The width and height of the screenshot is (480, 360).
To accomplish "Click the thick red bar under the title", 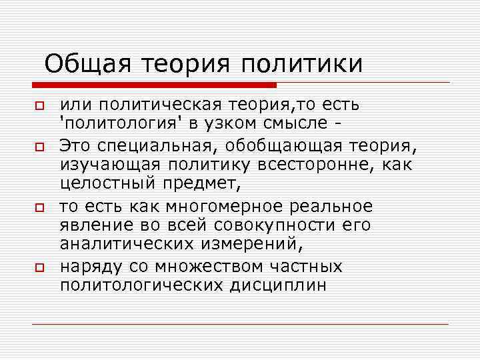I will [x=154, y=85].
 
